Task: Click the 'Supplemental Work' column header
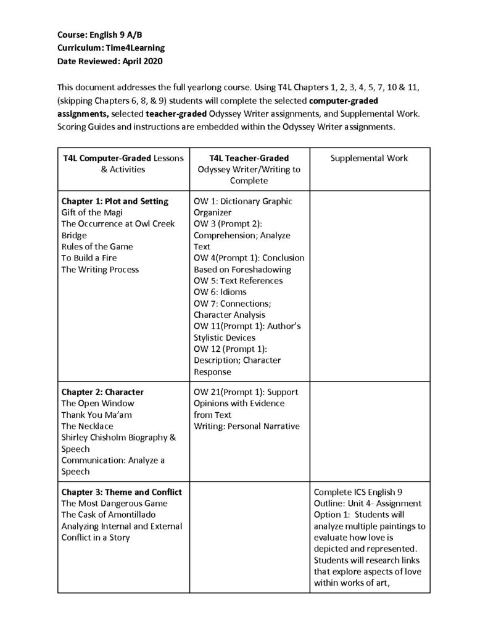pyautogui.click(x=369, y=158)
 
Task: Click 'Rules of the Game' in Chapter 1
pyautogui.click(x=97, y=246)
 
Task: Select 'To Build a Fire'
pyautogui.click(x=89, y=257)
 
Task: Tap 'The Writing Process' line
pyautogui.click(x=100, y=269)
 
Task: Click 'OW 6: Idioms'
pyautogui.click(x=220, y=292)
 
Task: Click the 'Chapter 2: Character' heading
pyautogui.click(x=102, y=392)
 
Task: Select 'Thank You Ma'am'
pyautogui.click(x=96, y=414)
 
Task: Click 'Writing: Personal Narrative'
pyautogui.click(x=247, y=426)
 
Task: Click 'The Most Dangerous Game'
pyautogui.click(x=105, y=504)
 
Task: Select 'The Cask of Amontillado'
pyautogui.click(x=108, y=515)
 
